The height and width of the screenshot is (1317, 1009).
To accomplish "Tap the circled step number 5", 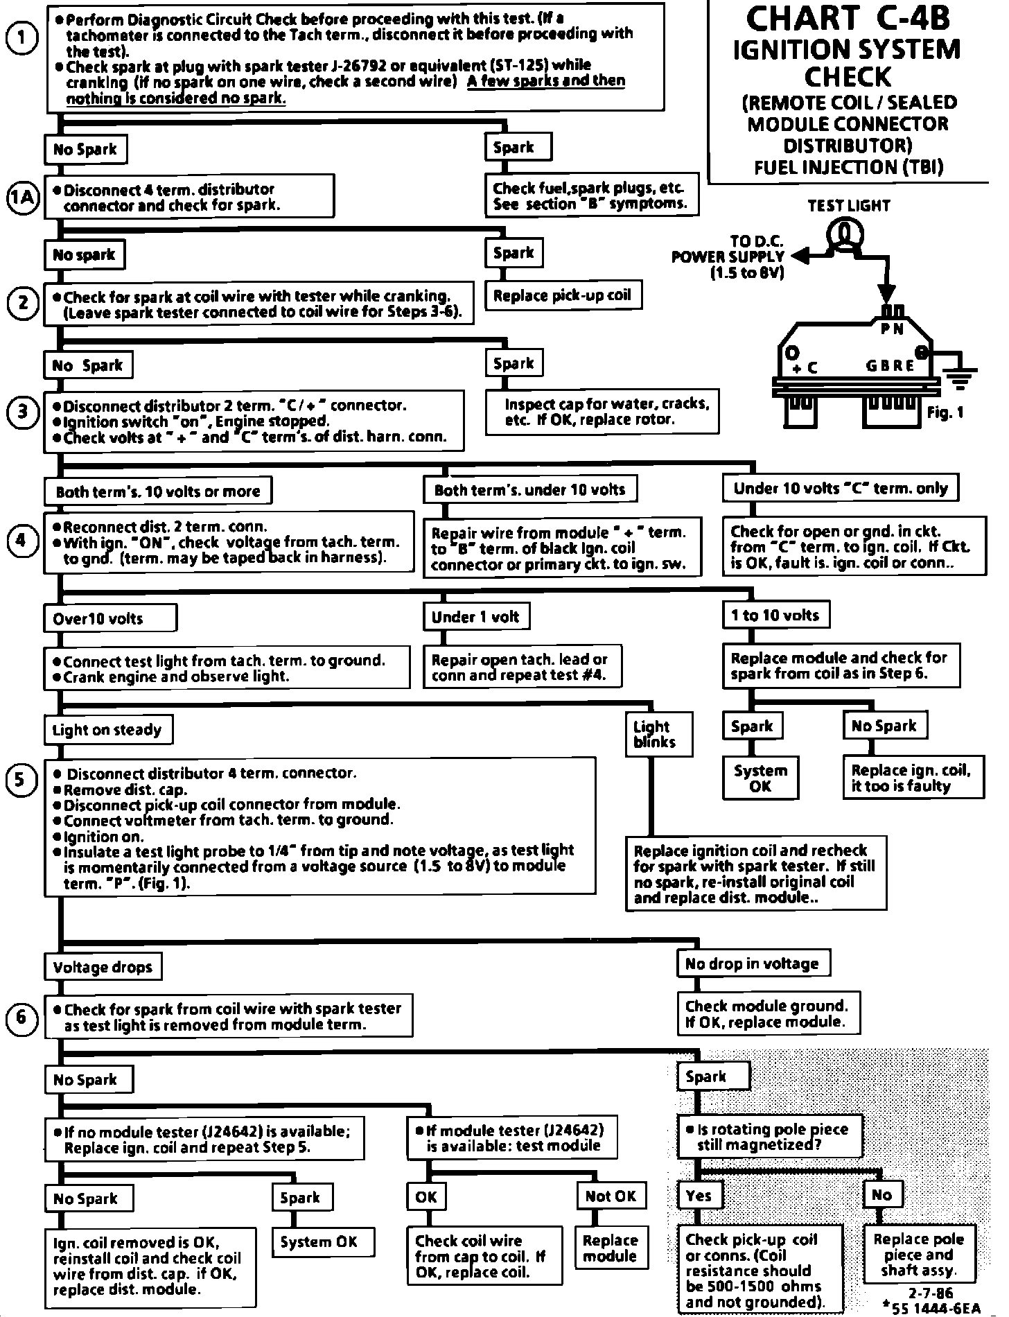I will point(21,780).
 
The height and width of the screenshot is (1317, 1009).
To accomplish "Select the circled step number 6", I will point(21,1018).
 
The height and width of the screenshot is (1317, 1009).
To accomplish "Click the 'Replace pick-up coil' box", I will point(562,295).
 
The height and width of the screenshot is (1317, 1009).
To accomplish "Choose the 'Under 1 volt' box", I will point(475,616).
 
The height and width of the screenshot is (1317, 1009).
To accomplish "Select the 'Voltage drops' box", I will point(103,967).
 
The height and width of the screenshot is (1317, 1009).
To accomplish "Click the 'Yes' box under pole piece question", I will point(699,1195).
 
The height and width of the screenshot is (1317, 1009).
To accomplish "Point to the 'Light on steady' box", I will point(107,729).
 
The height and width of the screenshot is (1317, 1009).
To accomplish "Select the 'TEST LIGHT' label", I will point(848,205).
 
